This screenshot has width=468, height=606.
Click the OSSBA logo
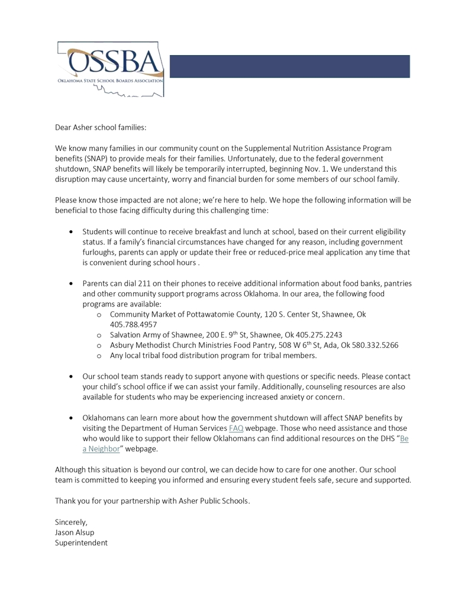pyautogui.click(x=111, y=69)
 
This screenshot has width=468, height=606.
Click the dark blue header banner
pyautogui.click(x=289, y=66)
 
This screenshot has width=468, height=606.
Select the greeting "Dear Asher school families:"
pyautogui.click(x=101, y=127)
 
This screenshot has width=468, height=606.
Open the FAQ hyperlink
pyautogui.click(x=236, y=428)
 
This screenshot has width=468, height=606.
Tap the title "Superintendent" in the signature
pyautogui.click(x=81, y=542)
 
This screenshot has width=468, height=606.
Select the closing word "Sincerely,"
pyautogui.click(x=71, y=521)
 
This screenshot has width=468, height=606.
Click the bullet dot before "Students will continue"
pyautogui.click(x=72, y=232)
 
